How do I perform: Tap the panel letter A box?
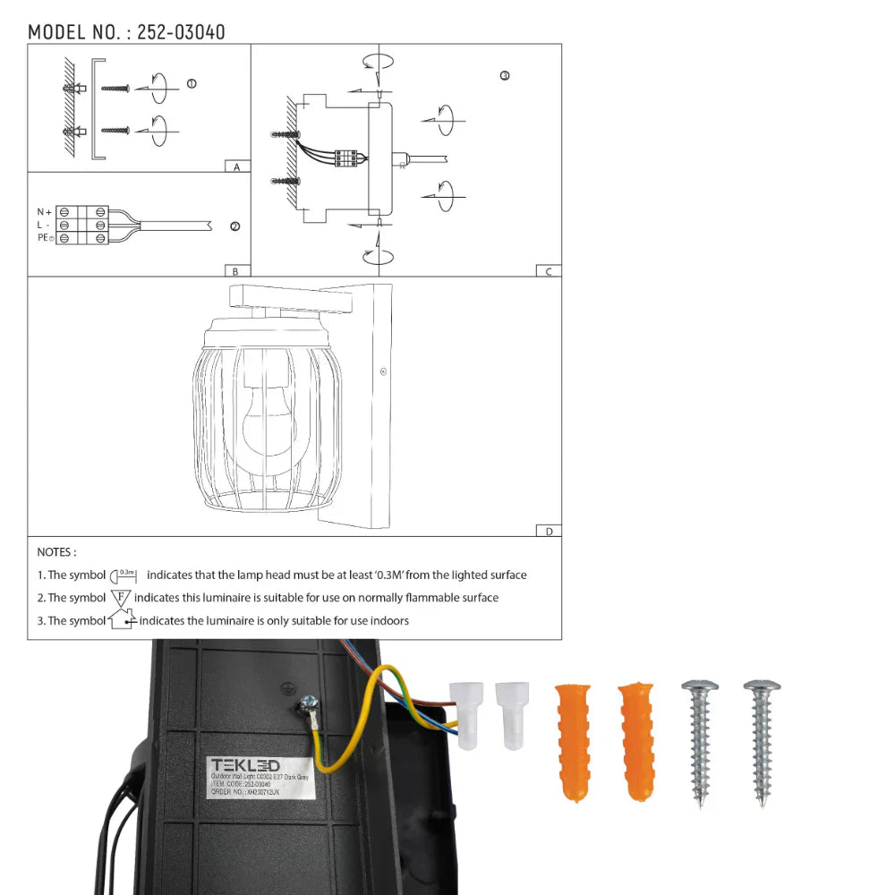click(x=236, y=166)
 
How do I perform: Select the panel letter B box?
click(x=236, y=270)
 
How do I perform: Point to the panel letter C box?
click(x=548, y=270)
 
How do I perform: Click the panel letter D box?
click(x=548, y=531)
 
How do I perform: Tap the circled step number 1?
click(x=192, y=84)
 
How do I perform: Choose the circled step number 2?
click(x=234, y=226)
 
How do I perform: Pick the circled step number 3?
click(x=505, y=76)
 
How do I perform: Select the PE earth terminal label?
click(x=41, y=238)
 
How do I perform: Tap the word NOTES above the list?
click(x=56, y=552)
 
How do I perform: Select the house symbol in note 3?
click(x=121, y=619)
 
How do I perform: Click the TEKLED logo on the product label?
click(x=244, y=765)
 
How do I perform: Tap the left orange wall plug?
click(x=572, y=741)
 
